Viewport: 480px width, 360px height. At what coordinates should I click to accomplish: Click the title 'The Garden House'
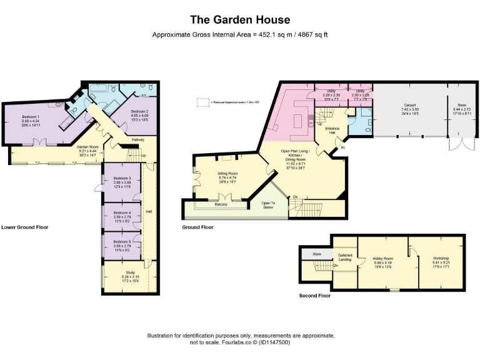tap(240, 19)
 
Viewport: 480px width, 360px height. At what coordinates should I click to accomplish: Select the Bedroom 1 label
tap(31, 117)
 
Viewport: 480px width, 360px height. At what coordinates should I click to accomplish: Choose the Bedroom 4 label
tap(122, 212)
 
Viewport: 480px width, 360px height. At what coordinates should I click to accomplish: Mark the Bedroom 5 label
tap(122, 241)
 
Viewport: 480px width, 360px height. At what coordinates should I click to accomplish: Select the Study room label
tap(130, 272)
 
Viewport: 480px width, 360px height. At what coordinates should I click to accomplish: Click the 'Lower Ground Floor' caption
tap(24, 227)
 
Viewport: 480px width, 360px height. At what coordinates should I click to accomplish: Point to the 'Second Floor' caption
tap(316, 296)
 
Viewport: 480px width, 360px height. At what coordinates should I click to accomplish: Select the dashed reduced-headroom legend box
tap(202, 102)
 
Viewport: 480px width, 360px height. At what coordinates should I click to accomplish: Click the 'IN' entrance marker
tap(342, 148)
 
